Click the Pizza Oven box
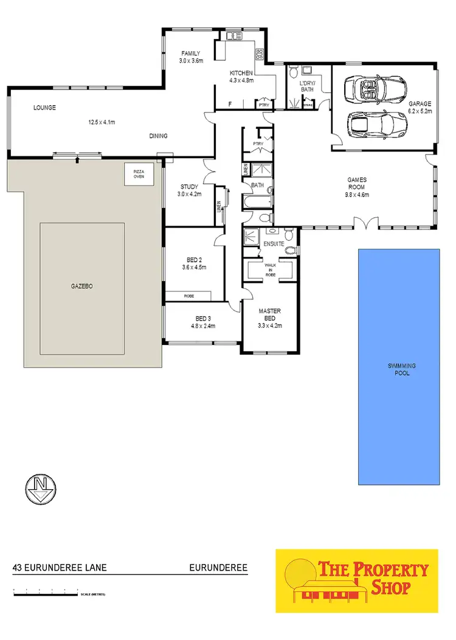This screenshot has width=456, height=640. click(x=139, y=175)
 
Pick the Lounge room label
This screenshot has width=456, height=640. click(x=44, y=108)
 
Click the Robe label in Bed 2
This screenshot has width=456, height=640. click(x=188, y=296)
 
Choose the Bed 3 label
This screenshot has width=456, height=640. click(x=203, y=318)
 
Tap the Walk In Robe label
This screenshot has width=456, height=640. click(x=271, y=269)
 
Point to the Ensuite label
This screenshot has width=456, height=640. click(x=274, y=244)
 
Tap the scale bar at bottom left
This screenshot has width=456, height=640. click(x=46, y=591)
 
